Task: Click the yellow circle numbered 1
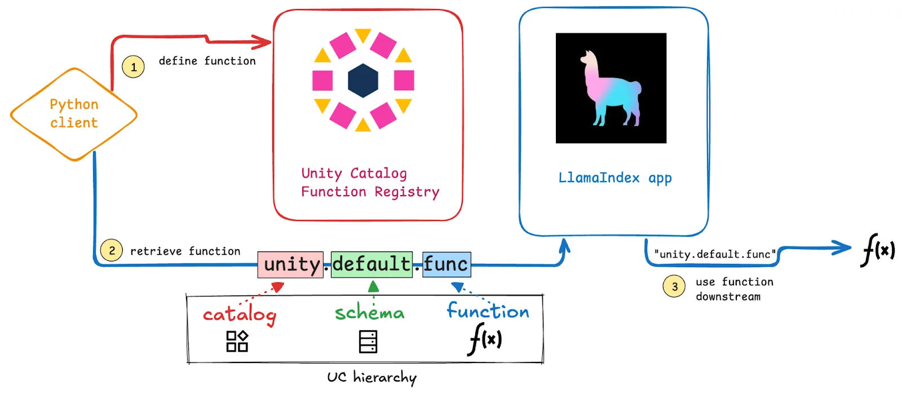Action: click(x=134, y=67)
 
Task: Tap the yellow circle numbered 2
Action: click(x=112, y=250)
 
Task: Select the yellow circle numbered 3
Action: click(x=674, y=287)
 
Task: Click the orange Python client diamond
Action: click(x=74, y=114)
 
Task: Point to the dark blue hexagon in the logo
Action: click(x=363, y=81)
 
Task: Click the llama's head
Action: click(x=589, y=59)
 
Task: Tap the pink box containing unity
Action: click(x=291, y=264)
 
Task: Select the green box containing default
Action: click(x=372, y=264)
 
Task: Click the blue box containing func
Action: click(x=446, y=264)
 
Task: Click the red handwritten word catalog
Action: click(x=240, y=315)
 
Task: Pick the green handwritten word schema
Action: click(x=370, y=312)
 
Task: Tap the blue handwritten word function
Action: click(x=488, y=311)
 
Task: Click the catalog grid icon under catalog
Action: click(x=237, y=341)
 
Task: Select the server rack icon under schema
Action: click(x=368, y=342)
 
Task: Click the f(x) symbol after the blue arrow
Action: click(x=878, y=250)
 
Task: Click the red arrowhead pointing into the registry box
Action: click(x=263, y=42)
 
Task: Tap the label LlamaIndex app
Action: click(x=615, y=178)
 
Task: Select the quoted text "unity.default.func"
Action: click(x=715, y=254)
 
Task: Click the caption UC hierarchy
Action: click(x=372, y=377)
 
